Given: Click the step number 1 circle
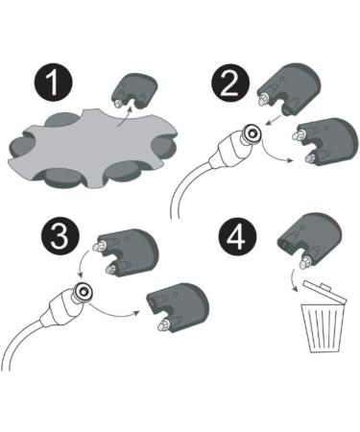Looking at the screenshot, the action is click(x=53, y=83).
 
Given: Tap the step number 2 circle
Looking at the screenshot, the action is click(x=230, y=83).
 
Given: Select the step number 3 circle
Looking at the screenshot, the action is click(x=60, y=236).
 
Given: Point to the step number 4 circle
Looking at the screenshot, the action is click(x=237, y=236).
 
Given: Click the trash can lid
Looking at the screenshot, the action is click(x=324, y=291).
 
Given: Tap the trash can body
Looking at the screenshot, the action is click(x=323, y=328).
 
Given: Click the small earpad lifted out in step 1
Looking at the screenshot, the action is click(x=136, y=90).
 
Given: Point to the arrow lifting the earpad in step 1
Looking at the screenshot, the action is click(x=125, y=117).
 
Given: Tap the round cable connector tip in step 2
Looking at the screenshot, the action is click(x=252, y=132).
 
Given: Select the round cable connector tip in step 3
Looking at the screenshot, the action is click(x=83, y=291).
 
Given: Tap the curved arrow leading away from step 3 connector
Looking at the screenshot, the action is click(x=112, y=311).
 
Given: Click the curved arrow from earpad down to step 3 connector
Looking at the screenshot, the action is click(x=83, y=263).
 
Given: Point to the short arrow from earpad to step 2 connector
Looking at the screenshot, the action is click(x=274, y=120).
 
